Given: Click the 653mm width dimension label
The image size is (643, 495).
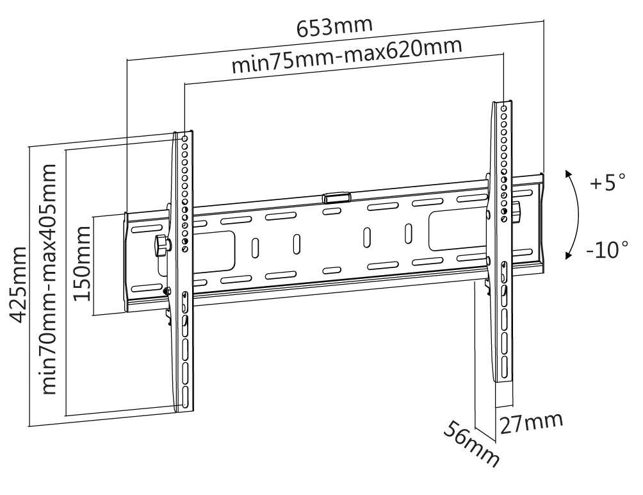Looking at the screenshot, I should click(x=335, y=26).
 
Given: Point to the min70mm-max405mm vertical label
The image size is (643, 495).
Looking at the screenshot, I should click(x=51, y=279).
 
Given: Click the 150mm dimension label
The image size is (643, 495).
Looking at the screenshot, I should click(x=83, y=264).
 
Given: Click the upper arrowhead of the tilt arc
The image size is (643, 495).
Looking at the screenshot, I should click(x=568, y=174).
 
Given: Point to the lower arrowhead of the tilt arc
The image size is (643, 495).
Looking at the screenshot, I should click(x=568, y=256).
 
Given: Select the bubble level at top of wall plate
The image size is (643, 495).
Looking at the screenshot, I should click(x=337, y=196).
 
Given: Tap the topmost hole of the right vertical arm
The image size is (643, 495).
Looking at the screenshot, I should click(x=504, y=108).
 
